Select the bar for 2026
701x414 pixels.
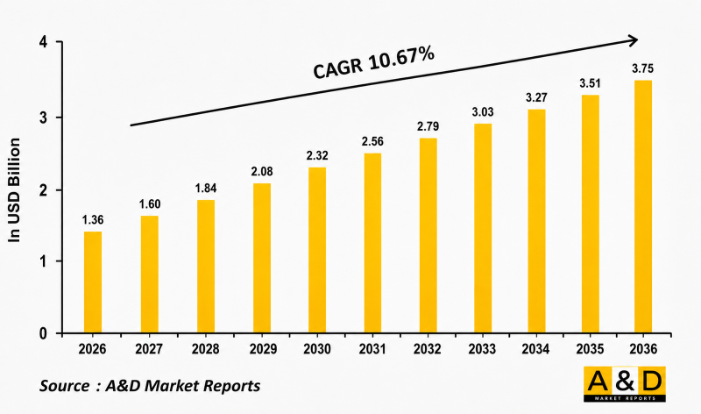click(x=93, y=282)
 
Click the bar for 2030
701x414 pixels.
click(x=317, y=250)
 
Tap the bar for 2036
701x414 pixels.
click(x=643, y=207)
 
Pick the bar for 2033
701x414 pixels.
click(x=483, y=228)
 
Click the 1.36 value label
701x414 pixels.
click(x=93, y=220)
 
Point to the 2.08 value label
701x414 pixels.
click(x=261, y=171)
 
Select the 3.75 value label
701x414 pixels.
click(x=642, y=68)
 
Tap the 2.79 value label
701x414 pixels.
click(x=428, y=126)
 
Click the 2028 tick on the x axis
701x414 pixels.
click(x=205, y=349)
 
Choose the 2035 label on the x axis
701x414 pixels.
click(x=590, y=349)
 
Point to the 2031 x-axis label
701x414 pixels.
click(x=372, y=349)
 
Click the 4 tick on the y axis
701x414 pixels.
click(x=43, y=42)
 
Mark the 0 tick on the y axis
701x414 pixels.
click(x=43, y=333)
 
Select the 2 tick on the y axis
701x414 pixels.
click(x=43, y=190)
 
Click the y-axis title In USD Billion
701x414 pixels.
click(x=15, y=190)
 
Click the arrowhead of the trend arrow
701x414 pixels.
click(x=633, y=40)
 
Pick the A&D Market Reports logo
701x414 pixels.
click(x=625, y=384)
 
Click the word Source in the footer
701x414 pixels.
click(x=65, y=386)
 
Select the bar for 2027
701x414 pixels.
click(x=149, y=275)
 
